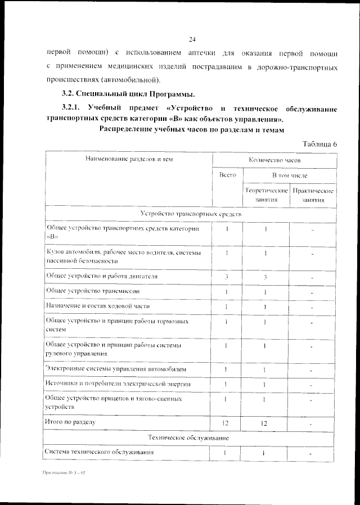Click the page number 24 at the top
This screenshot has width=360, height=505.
click(191, 39)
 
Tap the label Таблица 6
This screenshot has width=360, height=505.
click(319, 144)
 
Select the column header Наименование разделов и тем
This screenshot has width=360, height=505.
click(129, 160)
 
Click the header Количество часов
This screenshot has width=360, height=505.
click(274, 160)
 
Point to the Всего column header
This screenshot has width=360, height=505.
click(227, 175)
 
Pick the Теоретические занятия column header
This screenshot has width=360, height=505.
click(266, 195)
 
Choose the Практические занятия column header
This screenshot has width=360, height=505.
click(313, 195)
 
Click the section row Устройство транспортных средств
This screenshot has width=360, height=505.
click(191, 214)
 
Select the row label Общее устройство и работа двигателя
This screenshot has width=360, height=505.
click(101, 277)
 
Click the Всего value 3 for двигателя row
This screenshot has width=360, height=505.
click(227, 277)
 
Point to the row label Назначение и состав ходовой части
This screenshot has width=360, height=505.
click(97, 306)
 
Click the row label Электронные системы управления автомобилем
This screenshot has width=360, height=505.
click(112, 369)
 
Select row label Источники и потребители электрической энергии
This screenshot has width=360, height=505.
click(118, 384)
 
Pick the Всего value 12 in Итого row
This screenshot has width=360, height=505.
click(227, 422)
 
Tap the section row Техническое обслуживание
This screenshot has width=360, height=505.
click(191, 437)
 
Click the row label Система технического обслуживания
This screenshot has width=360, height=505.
click(99, 452)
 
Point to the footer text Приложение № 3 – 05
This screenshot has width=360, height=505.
click(63, 474)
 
